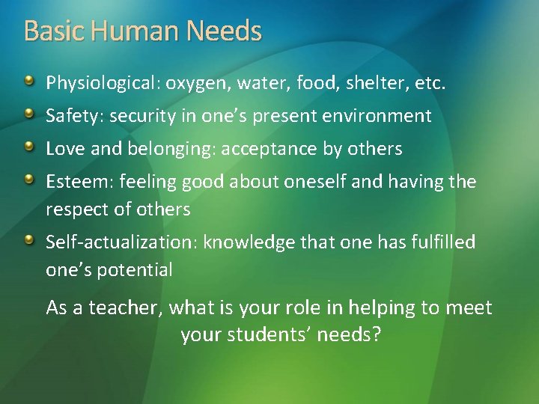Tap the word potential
pos(135,270)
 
